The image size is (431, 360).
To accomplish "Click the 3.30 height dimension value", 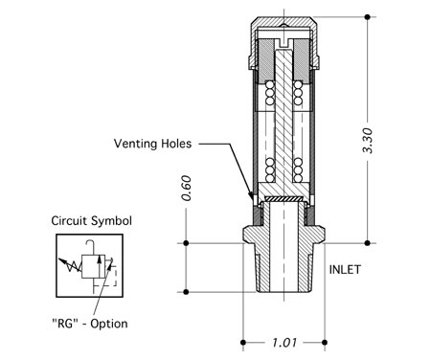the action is [x=368, y=141].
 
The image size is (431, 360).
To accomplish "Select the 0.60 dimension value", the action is [x=186, y=188].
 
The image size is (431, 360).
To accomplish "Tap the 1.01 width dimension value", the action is [x=284, y=343].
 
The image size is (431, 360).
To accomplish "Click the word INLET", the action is [x=345, y=270].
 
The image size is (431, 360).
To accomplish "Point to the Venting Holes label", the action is [x=152, y=144].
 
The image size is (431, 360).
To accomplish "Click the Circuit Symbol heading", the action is [x=91, y=221].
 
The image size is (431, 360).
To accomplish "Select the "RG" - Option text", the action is [x=90, y=324].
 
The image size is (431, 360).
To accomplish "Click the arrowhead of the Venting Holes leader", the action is [x=251, y=196].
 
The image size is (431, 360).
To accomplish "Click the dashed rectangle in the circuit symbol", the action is [x=111, y=275].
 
